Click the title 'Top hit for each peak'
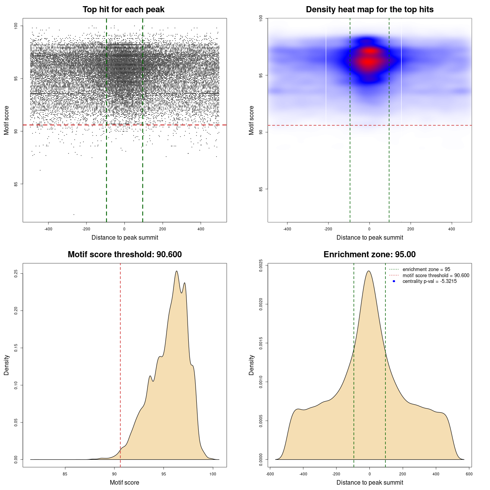pos(123,10)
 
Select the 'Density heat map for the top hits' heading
pos(369,10)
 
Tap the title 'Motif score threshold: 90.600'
pos(124,255)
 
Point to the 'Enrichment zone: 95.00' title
pos(369,255)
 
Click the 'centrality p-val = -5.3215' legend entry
pos(430,281)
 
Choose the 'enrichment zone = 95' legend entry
pos(426,269)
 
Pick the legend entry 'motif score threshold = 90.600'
pos(436,276)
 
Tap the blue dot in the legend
pos(394,281)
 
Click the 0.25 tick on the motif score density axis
pos(16,273)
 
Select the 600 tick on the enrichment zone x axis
pos(469,474)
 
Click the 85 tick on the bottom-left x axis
pos(65,474)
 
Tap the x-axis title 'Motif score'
pos(124,483)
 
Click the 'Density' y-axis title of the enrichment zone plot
pos(252,365)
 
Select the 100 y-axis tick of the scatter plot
pos(16,26)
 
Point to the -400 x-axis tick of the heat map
pos(287,229)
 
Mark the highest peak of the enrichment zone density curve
pos(369,271)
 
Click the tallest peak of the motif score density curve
pos(176,271)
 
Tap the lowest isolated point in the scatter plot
pos(74,214)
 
